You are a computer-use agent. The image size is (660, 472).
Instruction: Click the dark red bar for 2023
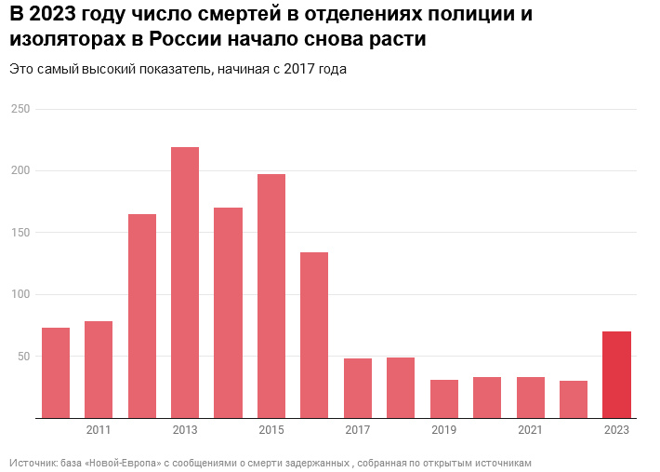[616, 374]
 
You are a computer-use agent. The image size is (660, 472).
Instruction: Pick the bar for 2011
[99, 370]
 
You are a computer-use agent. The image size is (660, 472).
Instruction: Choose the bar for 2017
[358, 388]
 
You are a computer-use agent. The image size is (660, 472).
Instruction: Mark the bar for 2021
[531, 398]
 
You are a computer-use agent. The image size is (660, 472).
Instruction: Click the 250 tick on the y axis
[21, 109]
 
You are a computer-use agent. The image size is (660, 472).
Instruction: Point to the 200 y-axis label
[21, 170]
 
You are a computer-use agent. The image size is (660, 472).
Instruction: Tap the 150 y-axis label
[21, 233]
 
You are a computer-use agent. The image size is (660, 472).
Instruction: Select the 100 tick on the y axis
[21, 294]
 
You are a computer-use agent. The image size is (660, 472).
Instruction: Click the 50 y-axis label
[24, 357]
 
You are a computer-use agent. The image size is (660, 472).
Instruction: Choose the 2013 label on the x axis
[185, 430]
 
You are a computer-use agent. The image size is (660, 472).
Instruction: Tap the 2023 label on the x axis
[616, 430]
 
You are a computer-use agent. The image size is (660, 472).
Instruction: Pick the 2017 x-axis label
[358, 430]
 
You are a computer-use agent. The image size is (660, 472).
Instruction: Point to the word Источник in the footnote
[32, 463]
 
